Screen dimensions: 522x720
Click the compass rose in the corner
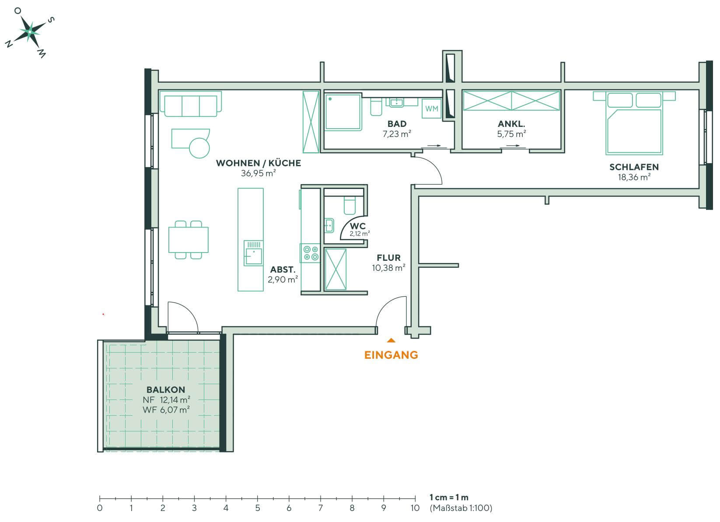[29, 32]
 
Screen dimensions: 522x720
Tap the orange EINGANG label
[391, 355]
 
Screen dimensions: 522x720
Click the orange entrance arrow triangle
[391, 340]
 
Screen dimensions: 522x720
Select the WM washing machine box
[431, 109]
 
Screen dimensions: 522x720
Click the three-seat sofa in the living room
[190, 104]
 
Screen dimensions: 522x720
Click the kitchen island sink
[253, 253]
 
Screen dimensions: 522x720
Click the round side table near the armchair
[199, 147]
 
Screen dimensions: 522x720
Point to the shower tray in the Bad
[343, 112]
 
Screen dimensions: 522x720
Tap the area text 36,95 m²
[258, 173]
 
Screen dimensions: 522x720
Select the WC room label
[358, 226]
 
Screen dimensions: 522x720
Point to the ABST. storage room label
[283, 270]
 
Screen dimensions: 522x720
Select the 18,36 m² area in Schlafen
[634, 177]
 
